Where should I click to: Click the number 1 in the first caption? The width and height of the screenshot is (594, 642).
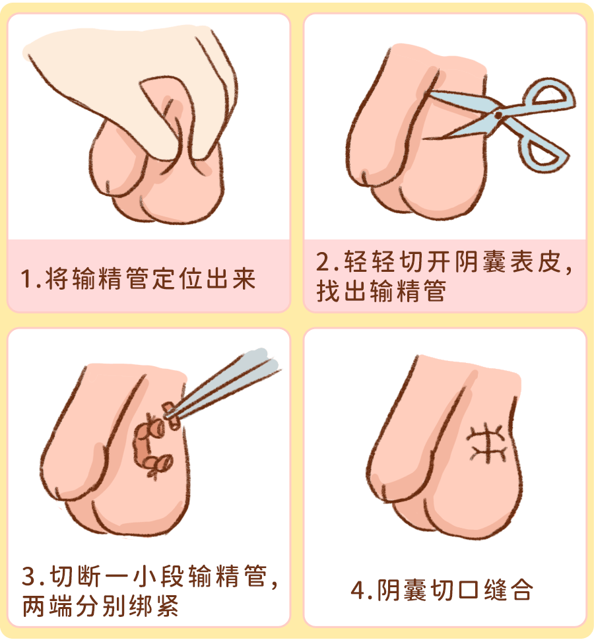pyautogui.click(x=26, y=280)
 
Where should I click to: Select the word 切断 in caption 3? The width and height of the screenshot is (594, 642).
pyautogui.click(x=72, y=576)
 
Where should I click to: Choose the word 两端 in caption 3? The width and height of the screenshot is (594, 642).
pyautogui.click(x=43, y=605)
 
